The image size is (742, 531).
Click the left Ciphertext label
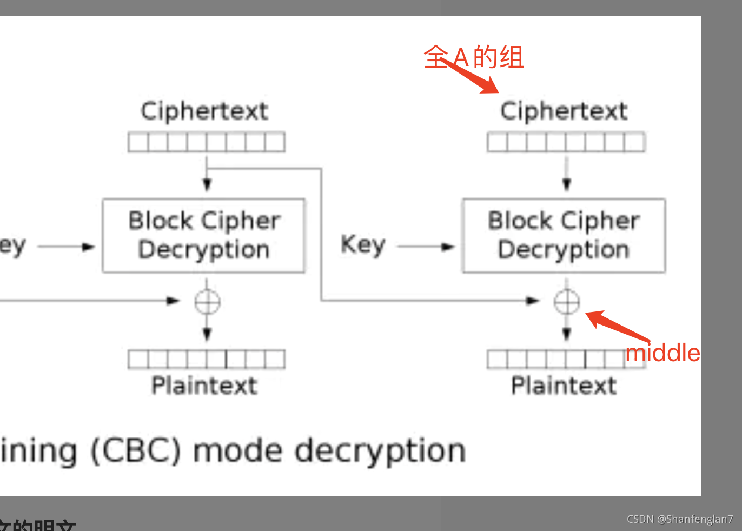click(x=204, y=111)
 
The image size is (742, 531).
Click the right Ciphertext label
click(x=564, y=111)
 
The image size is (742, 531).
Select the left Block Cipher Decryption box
click(x=204, y=236)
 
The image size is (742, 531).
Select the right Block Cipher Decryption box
click(x=564, y=236)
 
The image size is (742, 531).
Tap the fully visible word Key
click(x=363, y=245)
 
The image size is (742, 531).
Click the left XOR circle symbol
click(x=207, y=302)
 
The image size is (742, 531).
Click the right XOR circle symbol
click(x=566, y=302)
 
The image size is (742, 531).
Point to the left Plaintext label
click(x=204, y=386)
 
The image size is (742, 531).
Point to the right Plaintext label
click(x=564, y=386)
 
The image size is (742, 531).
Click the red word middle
click(x=662, y=353)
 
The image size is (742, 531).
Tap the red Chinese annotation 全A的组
click(x=474, y=57)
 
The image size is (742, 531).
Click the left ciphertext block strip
click(x=207, y=142)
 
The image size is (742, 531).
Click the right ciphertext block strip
click(x=566, y=142)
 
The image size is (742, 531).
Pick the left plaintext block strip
click(x=207, y=359)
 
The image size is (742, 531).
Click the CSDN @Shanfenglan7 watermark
click(x=680, y=519)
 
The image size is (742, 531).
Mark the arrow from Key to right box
click(x=425, y=247)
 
